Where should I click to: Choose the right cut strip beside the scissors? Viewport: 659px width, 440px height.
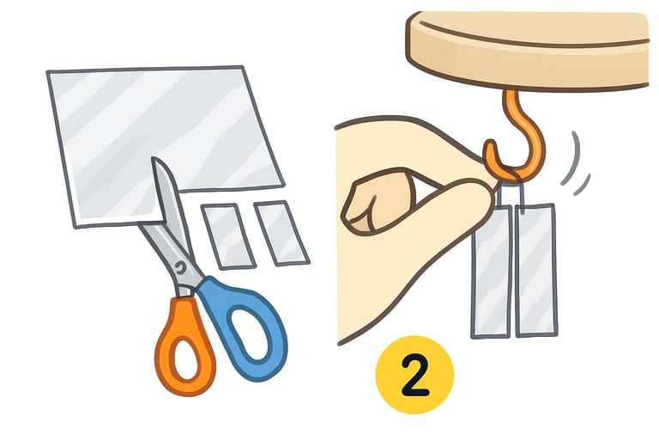click(x=281, y=231)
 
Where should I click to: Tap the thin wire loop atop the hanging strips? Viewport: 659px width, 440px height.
click(x=511, y=184)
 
